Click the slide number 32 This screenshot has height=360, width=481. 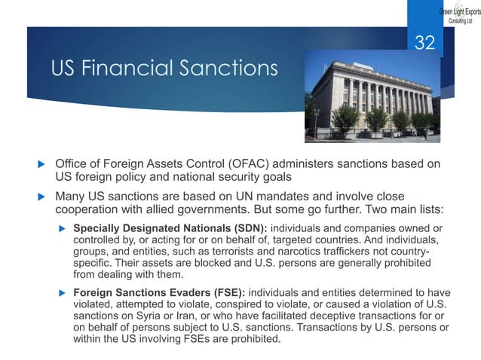click(425, 44)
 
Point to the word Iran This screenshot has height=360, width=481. click(188, 317)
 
